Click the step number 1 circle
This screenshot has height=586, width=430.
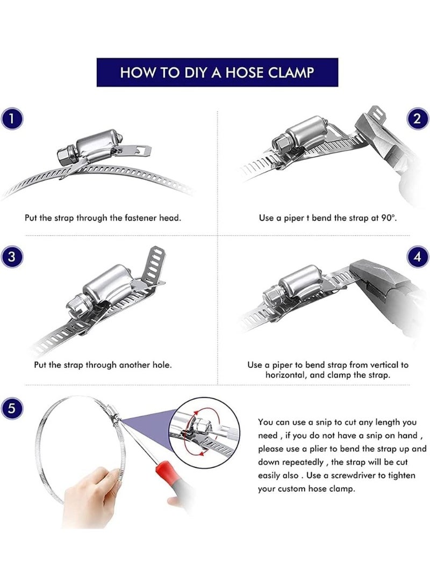tap(12, 119)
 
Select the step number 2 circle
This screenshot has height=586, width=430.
tap(417, 119)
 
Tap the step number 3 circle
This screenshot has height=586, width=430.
tap(12, 257)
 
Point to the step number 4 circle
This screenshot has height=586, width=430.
tap(417, 257)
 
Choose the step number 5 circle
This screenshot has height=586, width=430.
tap(12, 408)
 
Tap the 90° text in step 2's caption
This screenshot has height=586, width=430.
tap(389, 218)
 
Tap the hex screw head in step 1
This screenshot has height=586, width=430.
tap(66, 154)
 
